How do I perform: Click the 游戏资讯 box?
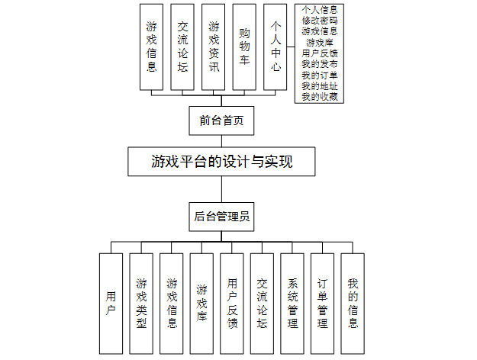point(214,47)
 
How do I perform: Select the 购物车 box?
point(245,47)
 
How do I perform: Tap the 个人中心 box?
point(276,47)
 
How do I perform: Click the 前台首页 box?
point(221,121)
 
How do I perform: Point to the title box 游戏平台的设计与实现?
point(222,162)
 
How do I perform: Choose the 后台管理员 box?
point(221,216)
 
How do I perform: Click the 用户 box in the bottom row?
point(111,304)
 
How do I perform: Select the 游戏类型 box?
point(141,304)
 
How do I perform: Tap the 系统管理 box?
point(292,304)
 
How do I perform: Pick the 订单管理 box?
point(323,304)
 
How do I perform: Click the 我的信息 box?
point(353,304)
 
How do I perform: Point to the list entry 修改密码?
point(320,21)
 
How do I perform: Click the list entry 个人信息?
point(320,9)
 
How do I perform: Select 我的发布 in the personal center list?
point(320,65)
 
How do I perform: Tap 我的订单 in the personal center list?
point(320,76)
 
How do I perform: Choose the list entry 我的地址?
point(320,86)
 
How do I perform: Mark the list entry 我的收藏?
point(320,97)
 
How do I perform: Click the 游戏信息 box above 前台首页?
point(152,47)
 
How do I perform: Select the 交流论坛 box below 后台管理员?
point(262,304)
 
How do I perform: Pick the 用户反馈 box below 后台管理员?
point(232,304)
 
